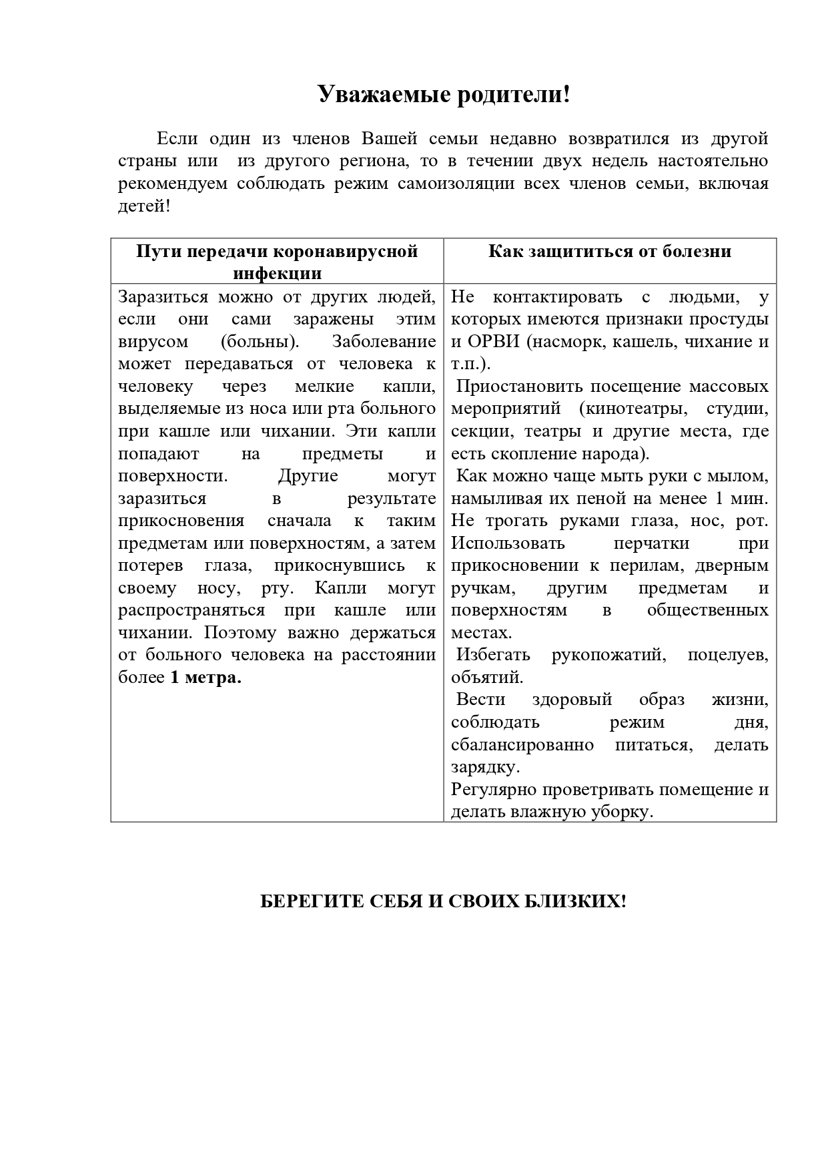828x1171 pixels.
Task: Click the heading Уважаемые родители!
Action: point(444,94)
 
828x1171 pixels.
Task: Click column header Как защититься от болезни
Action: point(610,251)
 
